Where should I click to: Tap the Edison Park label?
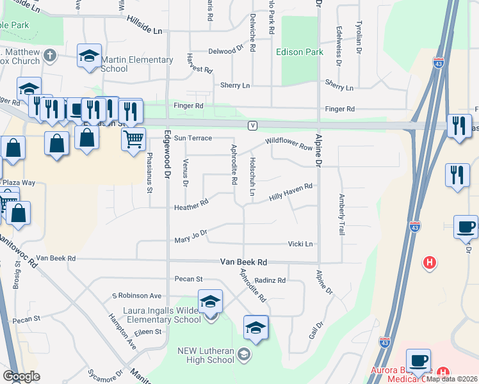point(300,52)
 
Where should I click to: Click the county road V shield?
point(253,125)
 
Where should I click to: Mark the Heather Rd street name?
point(191,206)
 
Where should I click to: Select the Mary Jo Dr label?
point(191,237)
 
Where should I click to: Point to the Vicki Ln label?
point(300,244)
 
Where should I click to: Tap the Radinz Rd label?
point(270,280)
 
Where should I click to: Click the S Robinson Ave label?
point(136,296)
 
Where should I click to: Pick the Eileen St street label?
point(148,332)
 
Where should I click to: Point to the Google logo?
point(20,376)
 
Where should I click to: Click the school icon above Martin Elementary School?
point(89,56)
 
